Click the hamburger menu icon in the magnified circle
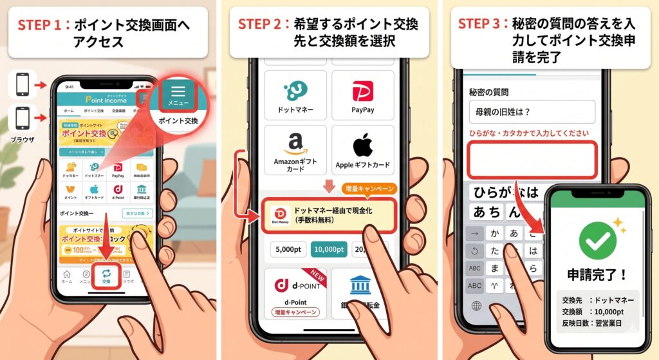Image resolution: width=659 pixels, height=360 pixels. (x=178, y=91)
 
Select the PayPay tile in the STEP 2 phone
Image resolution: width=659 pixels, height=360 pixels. (x=363, y=96)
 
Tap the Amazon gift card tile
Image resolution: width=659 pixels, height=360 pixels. (x=295, y=150)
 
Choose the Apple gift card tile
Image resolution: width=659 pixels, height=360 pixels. (x=363, y=150)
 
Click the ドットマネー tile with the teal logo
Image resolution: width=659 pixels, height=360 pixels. (x=295, y=96)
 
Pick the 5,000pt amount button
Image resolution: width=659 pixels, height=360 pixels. (x=286, y=249)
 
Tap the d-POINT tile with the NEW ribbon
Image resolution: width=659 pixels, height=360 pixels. (x=295, y=294)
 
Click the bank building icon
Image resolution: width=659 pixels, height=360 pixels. (x=363, y=287)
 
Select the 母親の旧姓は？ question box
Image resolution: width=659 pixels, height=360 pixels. (x=532, y=111)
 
